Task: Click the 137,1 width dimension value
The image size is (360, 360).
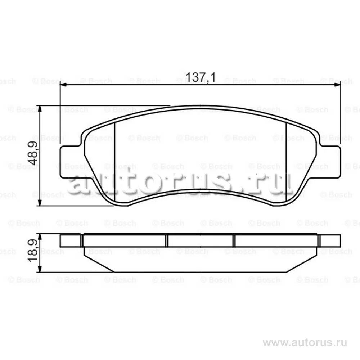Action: coord(201,77)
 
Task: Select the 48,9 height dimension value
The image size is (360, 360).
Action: coord(33,153)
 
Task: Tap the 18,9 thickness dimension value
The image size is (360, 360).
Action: coord(33,251)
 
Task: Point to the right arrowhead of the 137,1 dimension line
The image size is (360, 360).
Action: coord(338,85)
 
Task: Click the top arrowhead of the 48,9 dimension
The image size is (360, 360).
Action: coord(40,109)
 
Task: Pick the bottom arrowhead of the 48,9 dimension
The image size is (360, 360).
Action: coord(40,202)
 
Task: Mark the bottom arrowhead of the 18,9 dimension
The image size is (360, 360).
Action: coord(40,269)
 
